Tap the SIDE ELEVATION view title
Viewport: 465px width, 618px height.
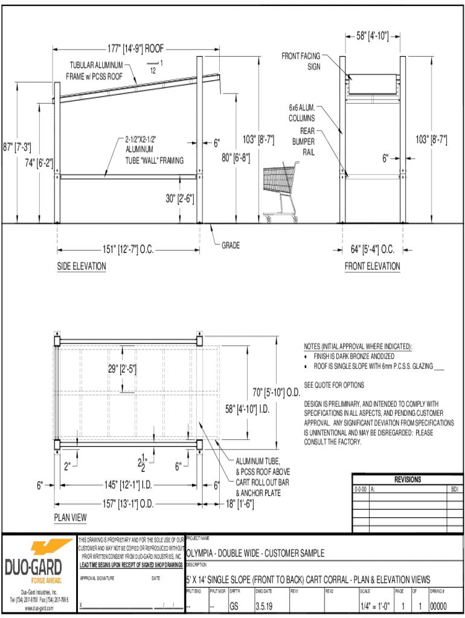[82, 266]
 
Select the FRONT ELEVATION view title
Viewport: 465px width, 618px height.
[372, 266]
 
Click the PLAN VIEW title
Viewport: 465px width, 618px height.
[71, 517]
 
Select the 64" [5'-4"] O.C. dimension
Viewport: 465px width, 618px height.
[373, 249]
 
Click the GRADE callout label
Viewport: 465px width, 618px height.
[231, 245]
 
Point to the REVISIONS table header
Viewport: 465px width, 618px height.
[408, 480]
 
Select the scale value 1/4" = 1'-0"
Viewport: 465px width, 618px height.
[374, 607]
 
